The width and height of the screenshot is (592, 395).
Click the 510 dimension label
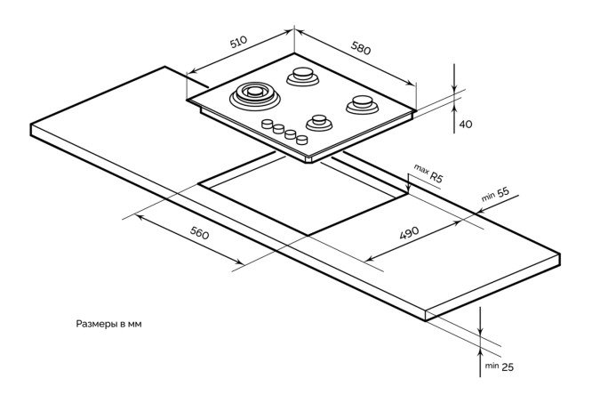pos(238,44)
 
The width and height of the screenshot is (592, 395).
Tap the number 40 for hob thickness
pos(465,124)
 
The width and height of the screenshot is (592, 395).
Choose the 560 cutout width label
pos(199,235)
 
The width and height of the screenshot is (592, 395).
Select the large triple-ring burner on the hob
pos(252,93)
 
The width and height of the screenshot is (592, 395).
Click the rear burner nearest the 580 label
pos(303,77)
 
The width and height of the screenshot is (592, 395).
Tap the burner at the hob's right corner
pos(361,102)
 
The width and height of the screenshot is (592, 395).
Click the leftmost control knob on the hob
pos(267,124)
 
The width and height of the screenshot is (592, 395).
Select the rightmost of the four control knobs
pos(302,140)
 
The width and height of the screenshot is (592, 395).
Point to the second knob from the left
pos(278,129)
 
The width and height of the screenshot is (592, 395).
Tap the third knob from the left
pos(290,134)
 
